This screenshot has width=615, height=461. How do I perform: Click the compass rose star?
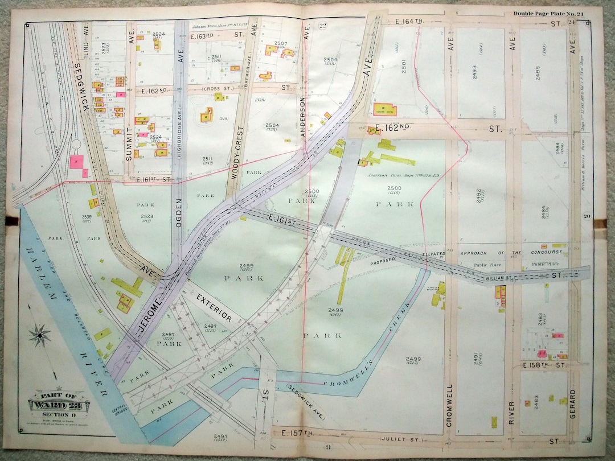(x=39, y=335)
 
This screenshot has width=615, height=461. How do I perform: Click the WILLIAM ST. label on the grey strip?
(x=500, y=278)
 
